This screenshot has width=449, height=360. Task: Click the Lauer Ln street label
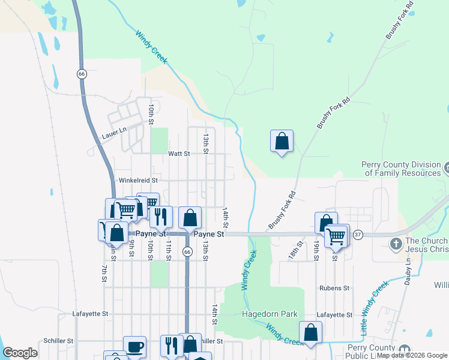click(114, 130)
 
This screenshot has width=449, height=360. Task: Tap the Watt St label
click(179, 154)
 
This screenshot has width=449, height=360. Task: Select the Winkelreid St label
click(137, 179)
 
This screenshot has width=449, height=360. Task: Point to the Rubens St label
click(334, 288)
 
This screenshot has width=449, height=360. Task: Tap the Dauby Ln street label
click(408, 272)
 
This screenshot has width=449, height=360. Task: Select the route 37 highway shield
click(358, 233)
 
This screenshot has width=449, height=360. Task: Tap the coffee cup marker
click(134, 347)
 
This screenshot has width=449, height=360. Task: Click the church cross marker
click(396, 244)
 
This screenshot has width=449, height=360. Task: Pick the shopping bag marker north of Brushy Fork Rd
click(282, 142)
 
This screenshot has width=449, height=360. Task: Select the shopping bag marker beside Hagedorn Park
click(310, 332)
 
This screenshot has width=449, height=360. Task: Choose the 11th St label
click(169, 250)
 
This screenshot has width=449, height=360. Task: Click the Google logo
click(20, 352)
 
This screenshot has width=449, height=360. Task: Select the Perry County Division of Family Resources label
click(400, 169)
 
